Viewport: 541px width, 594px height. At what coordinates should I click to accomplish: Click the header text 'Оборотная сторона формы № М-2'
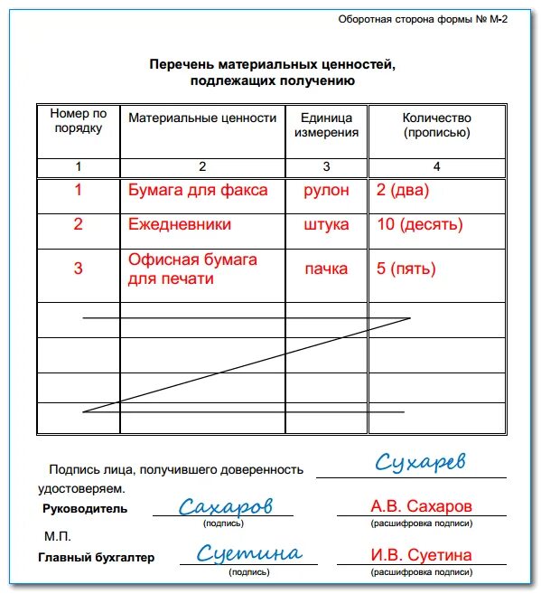[422, 20]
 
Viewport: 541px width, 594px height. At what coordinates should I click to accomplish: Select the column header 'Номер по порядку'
[79, 120]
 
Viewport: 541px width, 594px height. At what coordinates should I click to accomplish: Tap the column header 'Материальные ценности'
[202, 118]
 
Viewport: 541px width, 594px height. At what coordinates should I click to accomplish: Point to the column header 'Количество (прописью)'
[436, 125]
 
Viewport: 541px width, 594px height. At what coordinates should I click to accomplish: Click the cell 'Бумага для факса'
[198, 191]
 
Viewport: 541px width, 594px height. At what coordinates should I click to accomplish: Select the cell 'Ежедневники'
[180, 224]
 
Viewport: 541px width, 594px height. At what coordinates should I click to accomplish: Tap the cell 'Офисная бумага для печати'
[192, 269]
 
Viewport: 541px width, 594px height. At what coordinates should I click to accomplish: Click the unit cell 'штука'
[327, 224]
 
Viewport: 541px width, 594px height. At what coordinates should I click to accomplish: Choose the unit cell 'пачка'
[326, 269]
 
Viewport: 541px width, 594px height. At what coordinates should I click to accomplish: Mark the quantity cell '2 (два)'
[403, 191]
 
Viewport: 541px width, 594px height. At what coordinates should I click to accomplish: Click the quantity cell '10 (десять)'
[419, 224]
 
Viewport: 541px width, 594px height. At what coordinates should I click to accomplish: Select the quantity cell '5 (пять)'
[406, 269]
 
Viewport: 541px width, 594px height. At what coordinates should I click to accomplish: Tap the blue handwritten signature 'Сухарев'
[420, 463]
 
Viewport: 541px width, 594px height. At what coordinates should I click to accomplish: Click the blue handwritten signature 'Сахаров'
[225, 506]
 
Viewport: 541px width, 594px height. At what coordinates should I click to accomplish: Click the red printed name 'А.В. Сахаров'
[421, 505]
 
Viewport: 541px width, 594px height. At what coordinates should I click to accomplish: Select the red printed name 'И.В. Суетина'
[421, 555]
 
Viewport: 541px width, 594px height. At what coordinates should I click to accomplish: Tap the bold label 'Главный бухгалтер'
[97, 557]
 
